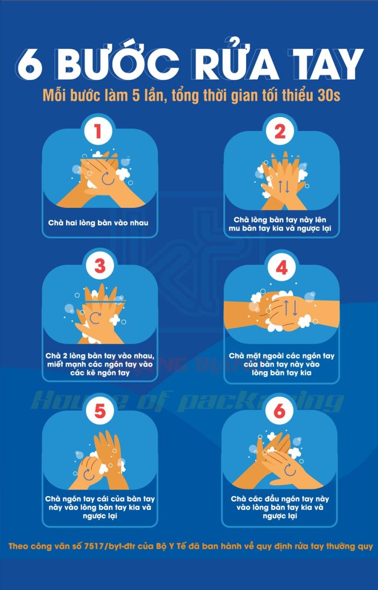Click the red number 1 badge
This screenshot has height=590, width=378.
(98, 131)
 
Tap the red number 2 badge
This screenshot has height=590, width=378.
(280, 131)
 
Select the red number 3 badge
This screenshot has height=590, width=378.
(100, 266)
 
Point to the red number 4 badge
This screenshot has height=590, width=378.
(282, 267)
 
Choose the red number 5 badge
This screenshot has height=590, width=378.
(100, 411)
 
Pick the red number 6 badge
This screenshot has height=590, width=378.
(280, 411)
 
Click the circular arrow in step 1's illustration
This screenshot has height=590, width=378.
(108, 178)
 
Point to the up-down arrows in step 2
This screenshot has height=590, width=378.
(284, 186)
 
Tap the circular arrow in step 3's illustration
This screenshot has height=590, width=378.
(95, 318)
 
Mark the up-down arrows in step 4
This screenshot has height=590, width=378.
(291, 308)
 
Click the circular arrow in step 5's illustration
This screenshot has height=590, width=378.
(89, 474)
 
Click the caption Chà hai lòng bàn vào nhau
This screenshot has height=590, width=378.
(98, 223)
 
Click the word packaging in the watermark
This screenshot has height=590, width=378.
(260, 402)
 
